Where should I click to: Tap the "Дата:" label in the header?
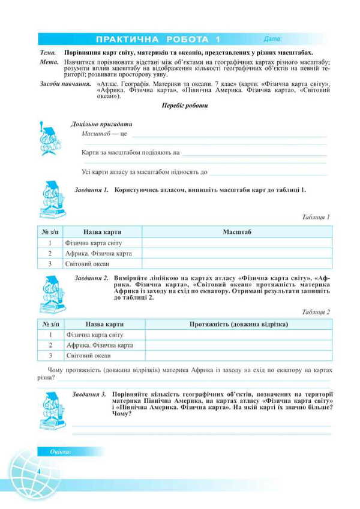tap(272, 40)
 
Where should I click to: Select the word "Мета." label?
tap(48, 62)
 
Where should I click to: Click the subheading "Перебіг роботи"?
tap(185, 106)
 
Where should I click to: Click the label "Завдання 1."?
tap(91, 189)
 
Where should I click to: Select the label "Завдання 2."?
tap(91, 278)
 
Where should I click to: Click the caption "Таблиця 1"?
tap(316, 217)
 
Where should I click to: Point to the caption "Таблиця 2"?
tap(316, 312)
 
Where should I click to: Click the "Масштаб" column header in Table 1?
tap(237, 231)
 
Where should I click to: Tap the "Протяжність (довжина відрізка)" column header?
tap(238, 324)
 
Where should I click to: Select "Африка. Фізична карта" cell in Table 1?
tap(98, 253)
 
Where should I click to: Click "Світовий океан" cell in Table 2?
tap(88, 356)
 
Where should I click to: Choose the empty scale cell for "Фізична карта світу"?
tap(237, 243)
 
